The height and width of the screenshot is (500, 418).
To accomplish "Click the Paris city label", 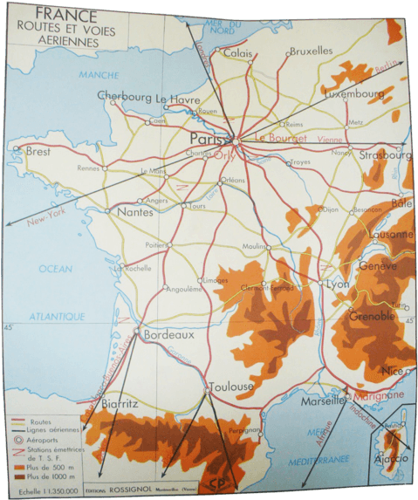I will point(209,138).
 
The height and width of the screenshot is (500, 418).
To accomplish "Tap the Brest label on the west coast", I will point(38,151).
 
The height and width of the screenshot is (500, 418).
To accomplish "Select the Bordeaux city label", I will point(168,334).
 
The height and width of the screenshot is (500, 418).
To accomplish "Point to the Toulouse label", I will point(230,386).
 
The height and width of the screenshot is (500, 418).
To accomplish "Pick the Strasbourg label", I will point(385,155).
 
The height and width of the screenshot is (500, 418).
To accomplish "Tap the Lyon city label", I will point(337,284).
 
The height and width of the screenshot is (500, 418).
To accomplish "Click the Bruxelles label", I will point(311,51).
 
